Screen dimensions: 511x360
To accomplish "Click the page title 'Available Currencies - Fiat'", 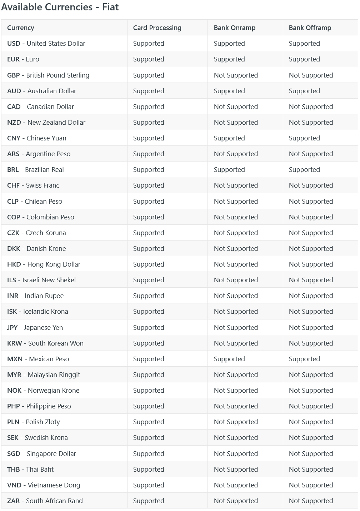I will click(x=60, y=7).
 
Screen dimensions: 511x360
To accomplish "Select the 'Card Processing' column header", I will click(x=157, y=28).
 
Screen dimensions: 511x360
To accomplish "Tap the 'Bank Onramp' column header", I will click(x=235, y=28).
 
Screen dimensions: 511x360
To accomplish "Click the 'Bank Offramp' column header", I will click(x=310, y=28).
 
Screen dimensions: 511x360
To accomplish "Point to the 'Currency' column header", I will click(x=21, y=28).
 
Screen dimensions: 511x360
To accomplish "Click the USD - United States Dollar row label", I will click(x=46, y=44).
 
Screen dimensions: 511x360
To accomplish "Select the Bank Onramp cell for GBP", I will click(x=236, y=75).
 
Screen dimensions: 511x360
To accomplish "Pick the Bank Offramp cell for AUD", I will click(x=304, y=91).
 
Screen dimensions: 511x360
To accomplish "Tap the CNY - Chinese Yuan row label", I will click(x=36, y=138).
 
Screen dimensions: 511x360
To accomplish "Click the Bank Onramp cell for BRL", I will click(x=229, y=170).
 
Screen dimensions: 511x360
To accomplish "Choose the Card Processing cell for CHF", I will click(x=149, y=185).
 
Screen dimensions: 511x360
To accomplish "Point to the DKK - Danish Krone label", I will click(x=36, y=249).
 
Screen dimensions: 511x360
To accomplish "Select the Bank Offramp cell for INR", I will click(x=311, y=296).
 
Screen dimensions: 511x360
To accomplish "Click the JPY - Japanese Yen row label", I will click(x=35, y=328).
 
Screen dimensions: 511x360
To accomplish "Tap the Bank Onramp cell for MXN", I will click(x=229, y=359).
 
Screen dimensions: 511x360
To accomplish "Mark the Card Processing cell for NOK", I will click(x=149, y=391).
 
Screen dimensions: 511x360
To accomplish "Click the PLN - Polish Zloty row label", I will click(x=34, y=422).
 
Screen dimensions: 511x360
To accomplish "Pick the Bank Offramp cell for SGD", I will click(x=311, y=454).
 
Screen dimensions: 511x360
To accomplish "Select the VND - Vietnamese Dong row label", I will click(x=44, y=485).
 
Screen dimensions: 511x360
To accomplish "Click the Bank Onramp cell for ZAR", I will click(x=236, y=501).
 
